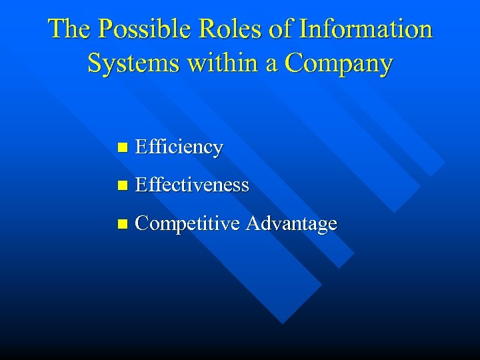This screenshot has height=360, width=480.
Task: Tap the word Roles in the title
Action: pos(230,29)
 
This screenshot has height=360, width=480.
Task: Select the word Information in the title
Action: pos(366,29)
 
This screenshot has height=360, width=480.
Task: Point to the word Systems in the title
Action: pos(131,63)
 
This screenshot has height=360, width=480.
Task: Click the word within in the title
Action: pos(221,63)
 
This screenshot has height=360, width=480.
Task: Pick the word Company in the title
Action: pos(339,65)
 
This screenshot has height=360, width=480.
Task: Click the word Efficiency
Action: pos(179,147)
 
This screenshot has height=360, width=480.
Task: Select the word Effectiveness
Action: pos(192,185)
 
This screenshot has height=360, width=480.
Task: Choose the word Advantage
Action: pos(291,225)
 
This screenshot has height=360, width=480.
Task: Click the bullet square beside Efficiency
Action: pos(120,147)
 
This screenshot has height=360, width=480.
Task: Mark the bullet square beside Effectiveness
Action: pos(120,185)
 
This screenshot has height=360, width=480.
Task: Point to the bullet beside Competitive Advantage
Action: pos(120,224)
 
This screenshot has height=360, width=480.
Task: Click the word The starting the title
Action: pos(69,29)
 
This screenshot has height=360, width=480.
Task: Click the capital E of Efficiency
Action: pos(140,147)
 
